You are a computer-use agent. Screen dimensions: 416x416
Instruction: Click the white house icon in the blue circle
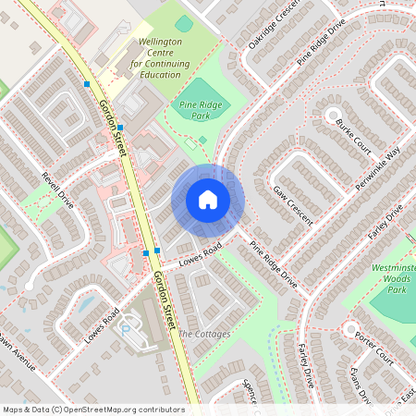point(208,200)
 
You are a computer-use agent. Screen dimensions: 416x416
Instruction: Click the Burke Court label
point(352,135)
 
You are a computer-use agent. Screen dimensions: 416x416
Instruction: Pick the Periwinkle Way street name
point(380,167)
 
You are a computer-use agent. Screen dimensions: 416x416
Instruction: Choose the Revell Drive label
point(57,190)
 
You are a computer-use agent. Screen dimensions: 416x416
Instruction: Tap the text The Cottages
point(204,334)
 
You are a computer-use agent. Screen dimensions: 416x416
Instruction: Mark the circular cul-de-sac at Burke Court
point(332,115)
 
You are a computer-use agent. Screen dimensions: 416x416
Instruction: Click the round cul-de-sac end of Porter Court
point(349,330)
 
